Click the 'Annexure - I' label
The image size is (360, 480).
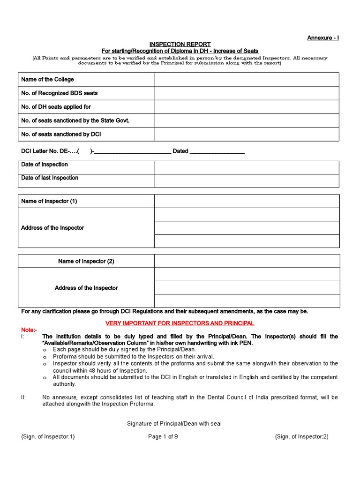[322, 37]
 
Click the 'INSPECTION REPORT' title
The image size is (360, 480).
[180, 44]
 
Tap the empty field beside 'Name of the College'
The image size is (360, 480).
[247, 80]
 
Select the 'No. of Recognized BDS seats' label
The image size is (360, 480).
[60, 93]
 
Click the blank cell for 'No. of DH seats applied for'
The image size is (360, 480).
[247, 107]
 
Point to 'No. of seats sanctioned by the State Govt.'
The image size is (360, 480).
[75, 120]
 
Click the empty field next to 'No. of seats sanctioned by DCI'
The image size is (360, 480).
[247, 134]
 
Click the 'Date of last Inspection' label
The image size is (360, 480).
[50, 178]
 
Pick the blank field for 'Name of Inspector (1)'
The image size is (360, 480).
[247, 202]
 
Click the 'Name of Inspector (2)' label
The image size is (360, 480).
[86, 261]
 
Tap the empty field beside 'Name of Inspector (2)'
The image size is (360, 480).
[247, 261]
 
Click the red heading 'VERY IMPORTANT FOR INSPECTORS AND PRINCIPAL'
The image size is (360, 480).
[180, 323]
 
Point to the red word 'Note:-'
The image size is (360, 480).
[28, 330]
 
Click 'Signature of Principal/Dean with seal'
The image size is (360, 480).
[174, 424]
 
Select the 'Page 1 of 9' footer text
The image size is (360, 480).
[163, 436]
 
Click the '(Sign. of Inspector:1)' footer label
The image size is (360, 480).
[48, 436]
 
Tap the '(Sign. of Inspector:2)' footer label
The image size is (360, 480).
[301, 436]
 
